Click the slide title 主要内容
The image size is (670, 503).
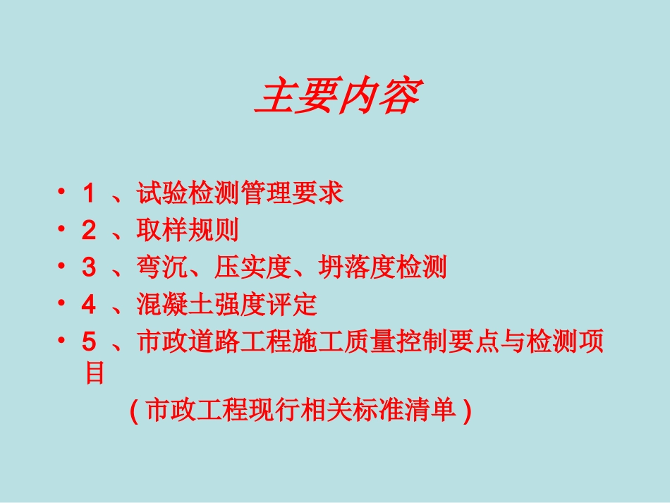(338, 97)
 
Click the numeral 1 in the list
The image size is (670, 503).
(89, 193)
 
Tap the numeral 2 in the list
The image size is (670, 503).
(89, 230)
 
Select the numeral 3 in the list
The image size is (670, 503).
(89, 267)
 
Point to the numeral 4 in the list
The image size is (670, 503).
(89, 305)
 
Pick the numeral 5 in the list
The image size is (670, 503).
(89, 342)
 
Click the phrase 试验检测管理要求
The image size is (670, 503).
(240, 193)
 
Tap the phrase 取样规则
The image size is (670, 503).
(188, 230)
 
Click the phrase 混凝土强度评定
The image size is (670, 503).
(226, 305)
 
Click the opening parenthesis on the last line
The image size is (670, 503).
(134, 411)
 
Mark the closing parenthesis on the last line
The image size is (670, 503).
(467, 411)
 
